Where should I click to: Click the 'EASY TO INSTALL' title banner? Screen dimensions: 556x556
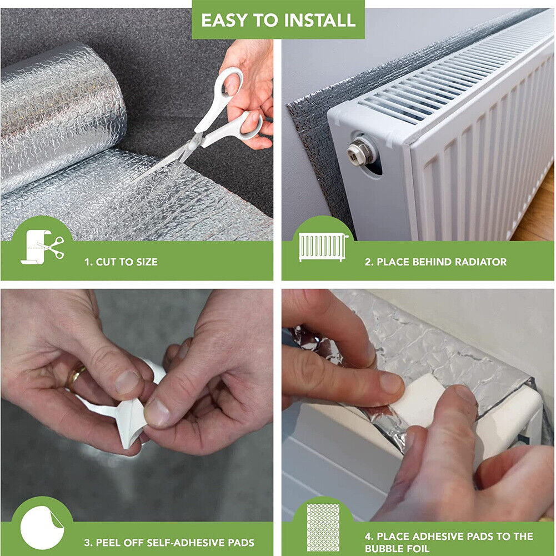click(278, 19)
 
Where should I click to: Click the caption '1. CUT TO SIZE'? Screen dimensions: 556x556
click(121, 262)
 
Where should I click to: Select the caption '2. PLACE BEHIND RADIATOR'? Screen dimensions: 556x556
click(436, 262)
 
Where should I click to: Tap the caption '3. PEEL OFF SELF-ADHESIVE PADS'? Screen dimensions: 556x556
click(169, 543)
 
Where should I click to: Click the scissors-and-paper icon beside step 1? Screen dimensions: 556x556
click(42, 247)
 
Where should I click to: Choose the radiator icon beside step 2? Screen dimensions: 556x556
click(323, 247)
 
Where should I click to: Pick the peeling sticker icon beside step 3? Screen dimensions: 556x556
click(42, 528)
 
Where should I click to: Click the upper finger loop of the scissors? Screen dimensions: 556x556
click(231, 82)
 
